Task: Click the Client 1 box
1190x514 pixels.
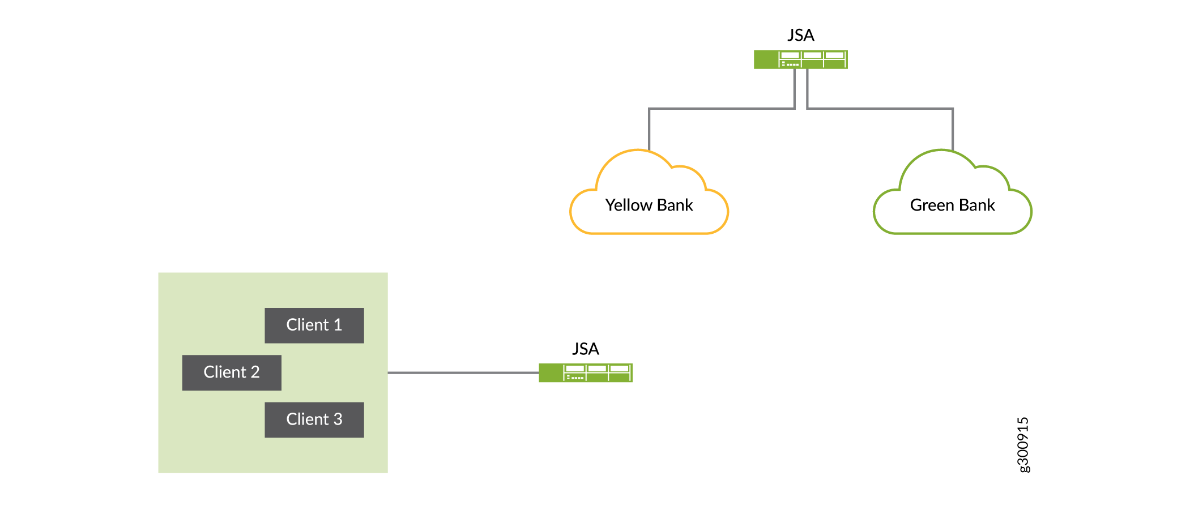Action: (314, 325)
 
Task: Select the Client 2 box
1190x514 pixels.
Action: (231, 372)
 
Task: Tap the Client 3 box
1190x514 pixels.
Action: (314, 419)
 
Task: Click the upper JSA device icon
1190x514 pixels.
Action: (800, 59)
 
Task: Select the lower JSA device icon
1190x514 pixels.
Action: (585, 372)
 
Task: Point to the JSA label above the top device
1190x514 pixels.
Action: (800, 35)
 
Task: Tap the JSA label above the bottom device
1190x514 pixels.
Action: (585, 349)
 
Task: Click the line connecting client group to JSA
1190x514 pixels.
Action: (463, 372)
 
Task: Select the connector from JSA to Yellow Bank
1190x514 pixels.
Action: (719, 108)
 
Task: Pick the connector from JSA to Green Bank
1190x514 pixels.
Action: (881, 108)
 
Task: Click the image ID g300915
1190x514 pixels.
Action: (1023, 444)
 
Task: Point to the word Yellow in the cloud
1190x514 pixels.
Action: (629, 205)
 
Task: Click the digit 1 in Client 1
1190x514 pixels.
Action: (338, 325)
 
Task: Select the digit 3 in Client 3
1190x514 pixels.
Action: (338, 419)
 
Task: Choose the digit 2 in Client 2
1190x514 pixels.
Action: (255, 372)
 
